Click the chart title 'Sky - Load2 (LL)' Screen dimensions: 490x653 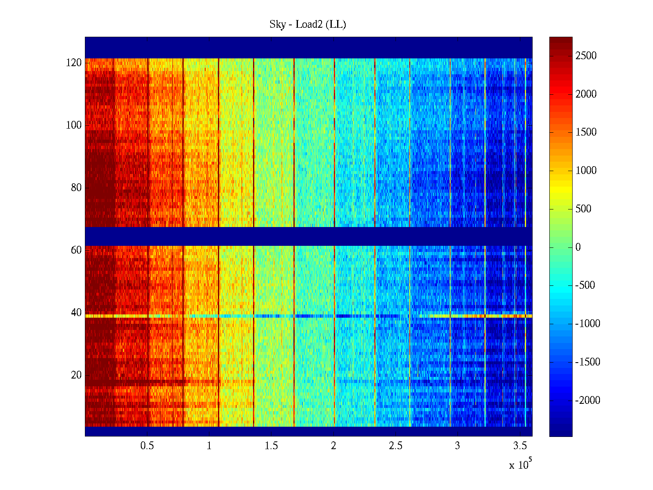pyautogui.click(x=308, y=24)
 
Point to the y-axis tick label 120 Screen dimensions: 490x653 pyautogui.click(x=74, y=63)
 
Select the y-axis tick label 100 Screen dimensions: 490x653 pyautogui.click(x=74, y=125)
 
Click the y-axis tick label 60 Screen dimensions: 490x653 pyautogui.click(x=76, y=250)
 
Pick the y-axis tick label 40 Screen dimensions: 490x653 pyautogui.click(x=76, y=313)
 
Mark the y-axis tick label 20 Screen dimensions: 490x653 pyautogui.click(x=76, y=375)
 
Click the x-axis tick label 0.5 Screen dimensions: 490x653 pyautogui.click(x=147, y=446)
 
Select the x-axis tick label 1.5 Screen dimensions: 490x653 pyautogui.click(x=271, y=446)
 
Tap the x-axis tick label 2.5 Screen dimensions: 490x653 pyautogui.click(x=395, y=446)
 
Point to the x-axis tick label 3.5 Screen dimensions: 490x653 pyautogui.click(x=520, y=446)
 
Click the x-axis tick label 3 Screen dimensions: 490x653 pyautogui.click(x=458, y=446)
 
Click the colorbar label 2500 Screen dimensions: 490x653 pyautogui.click(x=586, y=56)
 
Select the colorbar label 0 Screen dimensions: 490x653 pyautogui.click(x=578, y=247)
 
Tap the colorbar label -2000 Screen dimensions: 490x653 pyautogui.click(x=588, y=400)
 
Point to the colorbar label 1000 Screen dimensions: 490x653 pyautogui.click(x=586, y=171)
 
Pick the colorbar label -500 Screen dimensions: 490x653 pyautogui.click(x=585, y=285)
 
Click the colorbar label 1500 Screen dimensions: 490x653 pyautogui.click(x=586, y=132)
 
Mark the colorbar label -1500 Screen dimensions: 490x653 pyautogui.click(x=588, y=362)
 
